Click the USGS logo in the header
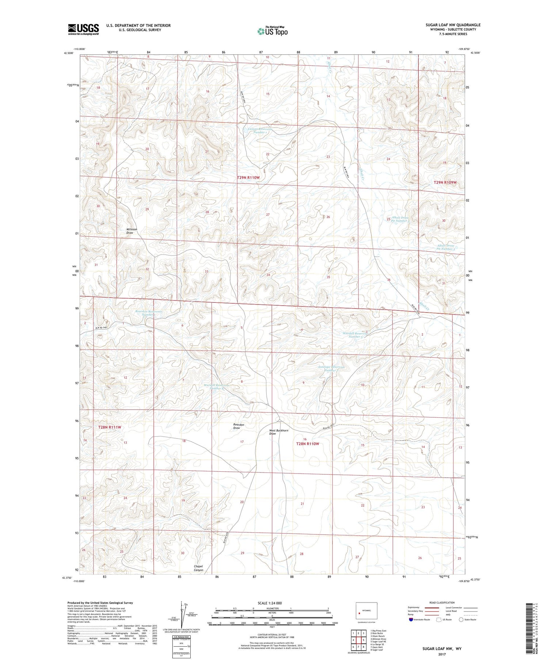pyautogui.click(x=83, y=29)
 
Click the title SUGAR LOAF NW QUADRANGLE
pyautogui.click(x=453, y=25)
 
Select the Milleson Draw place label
pyautogui.click(x=132, y=231)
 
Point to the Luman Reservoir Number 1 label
pyautogui.click(x=260, y=131)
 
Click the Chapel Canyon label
pyautogui.click(x=198, y=568)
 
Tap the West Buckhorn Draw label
pyautogui.click(x=279, y=432)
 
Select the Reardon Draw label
pyautogui.click(x=239, y=426)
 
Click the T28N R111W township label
pyautogui.click(x=110, y=427)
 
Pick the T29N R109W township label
pyautogui.click(x=445, y=182)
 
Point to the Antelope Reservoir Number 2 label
pyautogui.click(x=331, y=369)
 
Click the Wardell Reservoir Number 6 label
pyautogui.click(x=217, y=387)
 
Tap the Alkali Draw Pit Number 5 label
pyautogui.click(x=446, y=247)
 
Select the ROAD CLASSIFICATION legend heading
pyautogui.click(x=442, y=602)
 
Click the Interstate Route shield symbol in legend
pyautogui.click(x=411, y=619)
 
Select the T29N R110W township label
pyautogui.click(x=248, y=177)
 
